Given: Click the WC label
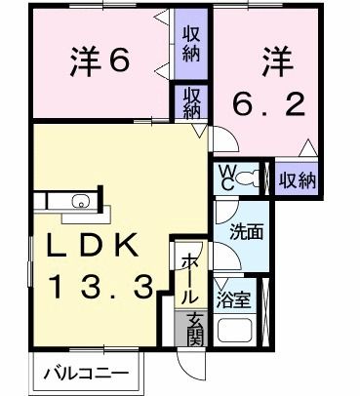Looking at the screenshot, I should pyautogui.click(x=224, y=178).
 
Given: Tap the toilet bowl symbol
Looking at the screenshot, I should pyautogui.click(x=252, y=178).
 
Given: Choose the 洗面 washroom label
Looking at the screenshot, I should pyautogui.click(x=245, y=235).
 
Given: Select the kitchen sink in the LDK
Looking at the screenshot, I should pyautogui.click(x=77, y=203).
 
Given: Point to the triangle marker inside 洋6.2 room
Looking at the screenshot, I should pyautogui.click(x=308, y=148).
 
